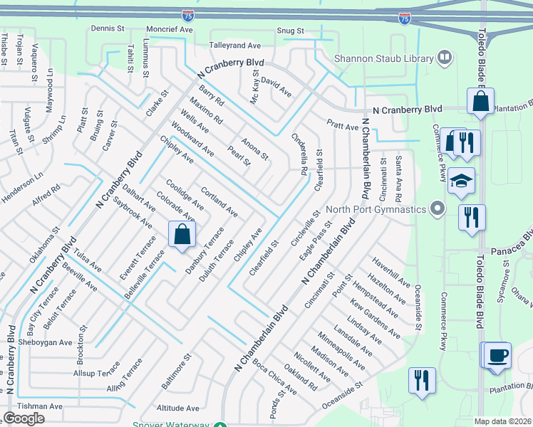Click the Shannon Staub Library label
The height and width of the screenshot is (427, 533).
(384, 58)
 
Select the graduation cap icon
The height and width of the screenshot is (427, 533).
(461, 182)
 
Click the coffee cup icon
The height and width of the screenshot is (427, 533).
(497, 354)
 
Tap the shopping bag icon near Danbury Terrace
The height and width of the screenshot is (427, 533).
(182, 234)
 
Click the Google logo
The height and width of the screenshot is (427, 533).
(24, 418)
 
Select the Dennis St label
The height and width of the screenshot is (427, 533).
(108, 28)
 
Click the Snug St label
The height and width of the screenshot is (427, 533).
(290, 31)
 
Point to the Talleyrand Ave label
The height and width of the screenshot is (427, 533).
(234, 45)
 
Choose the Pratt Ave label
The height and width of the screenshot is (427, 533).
(343, 127)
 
